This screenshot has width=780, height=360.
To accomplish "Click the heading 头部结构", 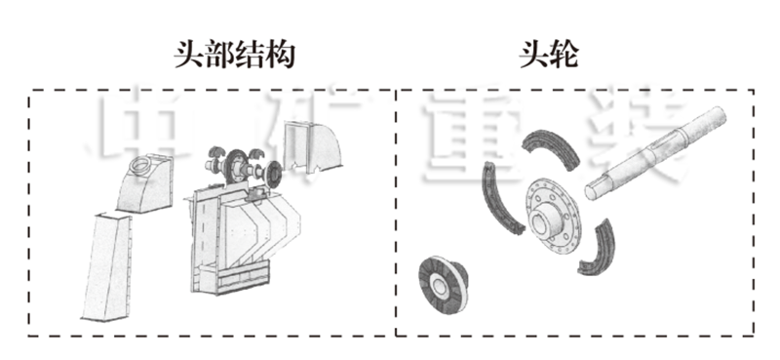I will click(x=234, y=55).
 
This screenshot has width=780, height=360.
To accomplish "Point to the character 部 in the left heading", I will click(x=218, y=55).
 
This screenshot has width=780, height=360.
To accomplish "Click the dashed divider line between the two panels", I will click(x=395, y=215).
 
